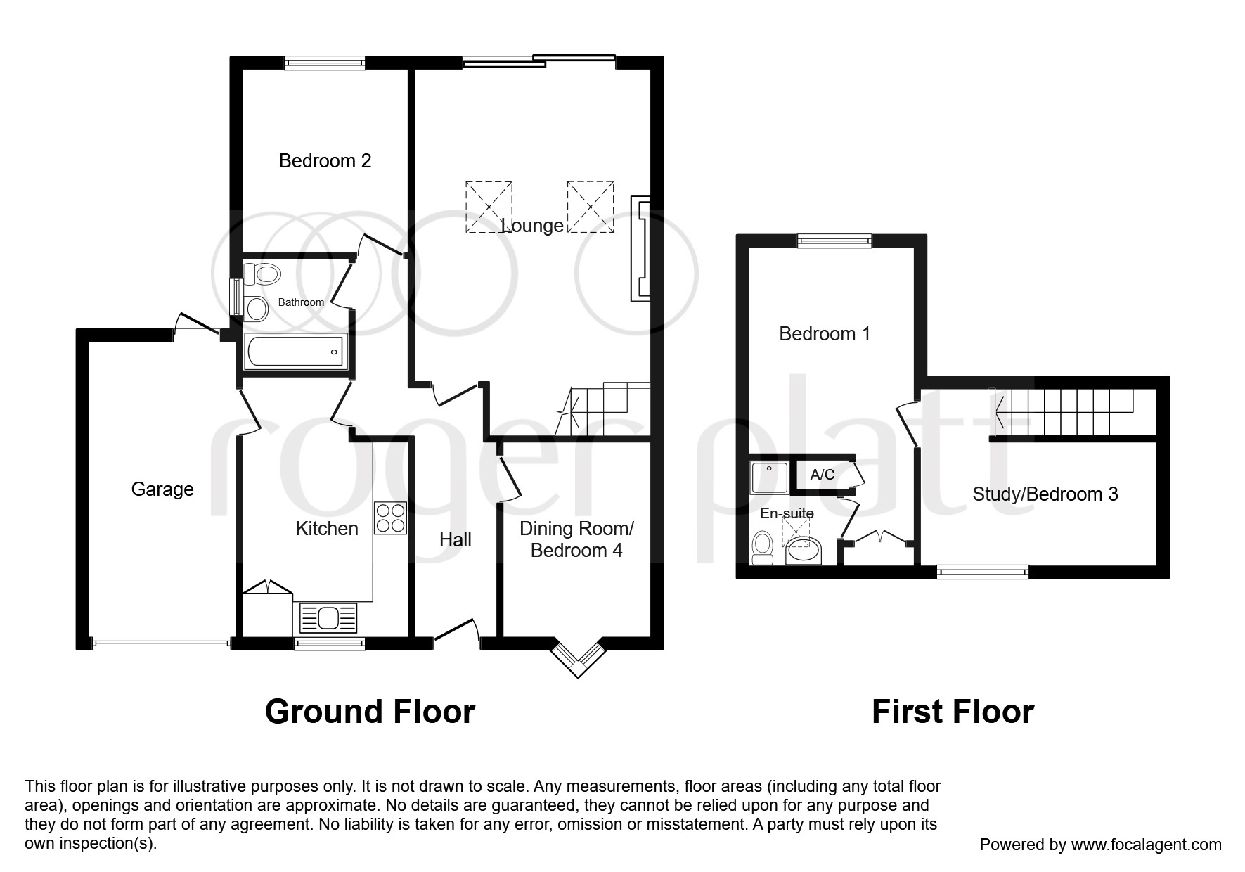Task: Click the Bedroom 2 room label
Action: click(325, 161)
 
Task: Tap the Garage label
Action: click(162, 489)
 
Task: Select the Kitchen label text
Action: click(327, 529)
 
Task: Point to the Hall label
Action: click(456, 540)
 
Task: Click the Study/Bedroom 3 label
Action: click(1045, 494)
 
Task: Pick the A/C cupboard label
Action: click(823, 475)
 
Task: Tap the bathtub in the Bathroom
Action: click(296, 351)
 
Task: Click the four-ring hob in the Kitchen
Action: click(390, 518)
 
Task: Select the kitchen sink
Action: click(328, 619)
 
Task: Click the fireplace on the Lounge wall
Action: click(640, 249)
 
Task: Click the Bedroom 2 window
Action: click(325, 63)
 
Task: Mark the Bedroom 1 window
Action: click(834, 241)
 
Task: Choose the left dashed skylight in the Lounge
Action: click(489, 207)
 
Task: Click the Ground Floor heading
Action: click(370, 712)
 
